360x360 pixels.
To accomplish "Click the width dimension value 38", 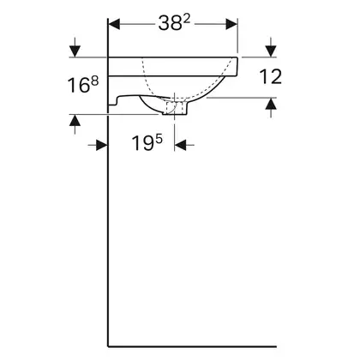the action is (x=166, y=23).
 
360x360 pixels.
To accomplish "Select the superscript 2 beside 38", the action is (x=187, y=19).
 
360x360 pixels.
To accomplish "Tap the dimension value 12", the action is (x=270, y=77).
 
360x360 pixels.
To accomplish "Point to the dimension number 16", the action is (x=78, y=86).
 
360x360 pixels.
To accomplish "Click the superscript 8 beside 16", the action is (x=95, y=81).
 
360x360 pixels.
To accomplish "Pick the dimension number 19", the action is (x=142, y=143).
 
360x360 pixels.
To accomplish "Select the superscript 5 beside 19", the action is (x=159, y=139).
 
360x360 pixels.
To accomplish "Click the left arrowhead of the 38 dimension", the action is (x=114, y=24).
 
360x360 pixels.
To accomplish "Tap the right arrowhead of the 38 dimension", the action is (x=231, y=24).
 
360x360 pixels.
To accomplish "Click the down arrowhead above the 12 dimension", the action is (x=271, y=51).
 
